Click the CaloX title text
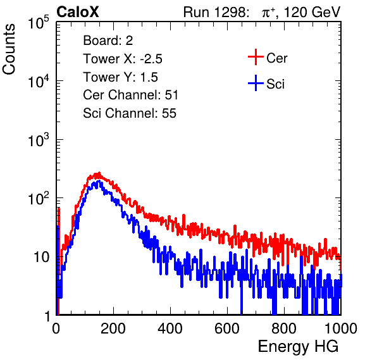[x=78, y=12]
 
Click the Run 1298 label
[x=216, y=12]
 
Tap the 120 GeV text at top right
[x=312, y=12]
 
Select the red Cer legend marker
[x=256, y=57]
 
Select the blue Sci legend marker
[x=256, y=83]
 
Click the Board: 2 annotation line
[x=108, y=41]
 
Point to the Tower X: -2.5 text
[x=123, y=59]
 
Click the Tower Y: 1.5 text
[x=120, y=77]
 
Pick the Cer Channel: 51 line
[x=130, y=95]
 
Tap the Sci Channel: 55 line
[x=130, y=113]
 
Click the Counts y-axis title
[x=9, y=49]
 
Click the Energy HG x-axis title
[x=298, y=347]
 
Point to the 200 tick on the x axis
[x=113, y=328]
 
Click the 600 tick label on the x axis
[x=227, y=328]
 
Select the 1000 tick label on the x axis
[x=341, y=328]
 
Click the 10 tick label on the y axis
[x=42, y=257]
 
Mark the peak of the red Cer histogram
[x=99, y=173]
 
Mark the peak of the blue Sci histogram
[x=99, y=181]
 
